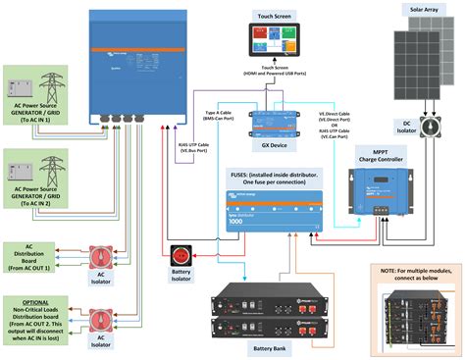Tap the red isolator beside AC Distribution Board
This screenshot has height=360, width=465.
coord(98,258)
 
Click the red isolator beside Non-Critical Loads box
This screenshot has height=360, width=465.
coord(98,319)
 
